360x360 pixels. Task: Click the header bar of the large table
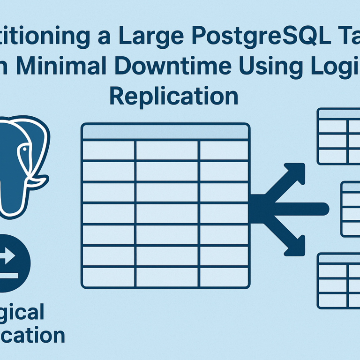pos(165,132)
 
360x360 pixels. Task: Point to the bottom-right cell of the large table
pos(223,277)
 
